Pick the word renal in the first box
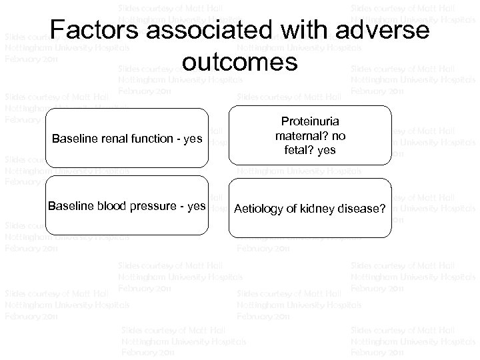[110, 139]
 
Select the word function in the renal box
[151, 139]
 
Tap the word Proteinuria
[310, 123]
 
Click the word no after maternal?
[339, 136]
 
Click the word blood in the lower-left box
[109, 205]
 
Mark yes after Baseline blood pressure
[195, 205]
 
